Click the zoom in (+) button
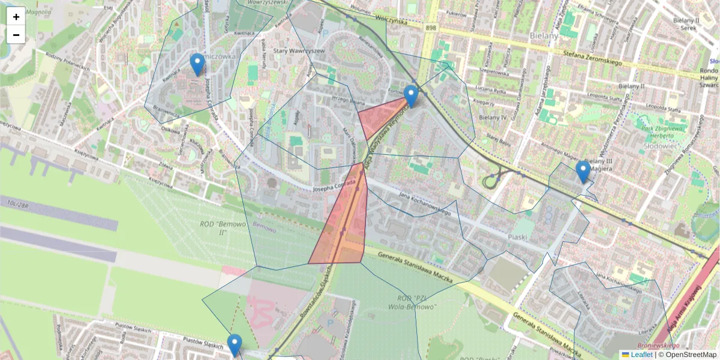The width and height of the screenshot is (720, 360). [16, 17]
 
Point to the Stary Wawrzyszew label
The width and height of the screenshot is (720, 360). [299, 51]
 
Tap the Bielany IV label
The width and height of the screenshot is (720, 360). [493, 117]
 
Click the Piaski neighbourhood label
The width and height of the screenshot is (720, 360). [517, 237]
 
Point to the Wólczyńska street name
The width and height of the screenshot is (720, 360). [391, 21]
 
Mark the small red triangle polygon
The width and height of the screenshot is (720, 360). [380, 116]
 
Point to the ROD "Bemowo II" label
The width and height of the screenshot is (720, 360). [217, 228]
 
